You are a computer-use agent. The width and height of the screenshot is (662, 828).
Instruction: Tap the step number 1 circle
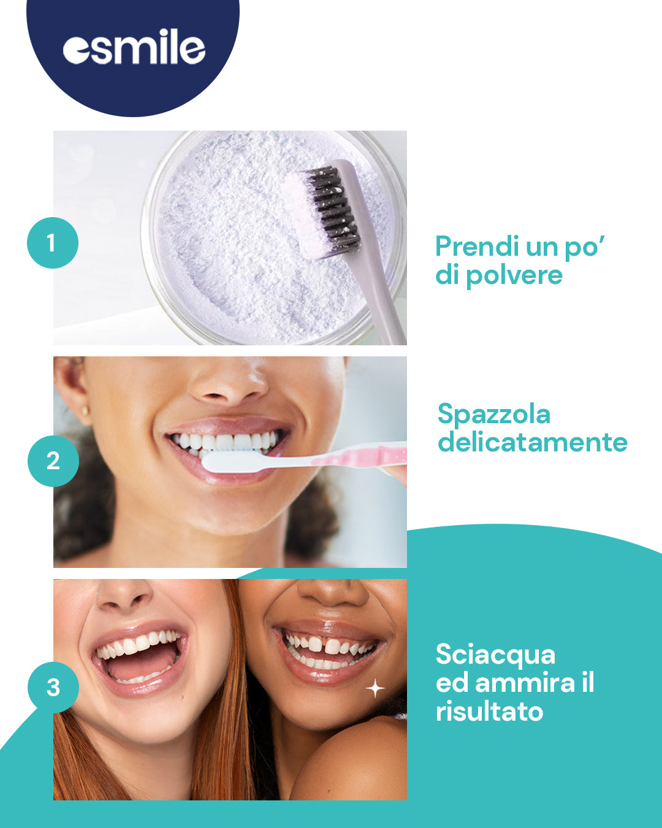pyautogui.click(x=53, y=243)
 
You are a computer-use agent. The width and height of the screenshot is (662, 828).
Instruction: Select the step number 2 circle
pyautogui.click(x=53, y=461)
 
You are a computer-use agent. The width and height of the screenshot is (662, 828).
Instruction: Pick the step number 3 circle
pyautogui.click(x=53, y=687)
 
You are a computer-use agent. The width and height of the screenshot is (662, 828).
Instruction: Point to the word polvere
pyautogui.click(x=514, y=275)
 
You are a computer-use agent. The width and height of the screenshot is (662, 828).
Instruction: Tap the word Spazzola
pyautogui.click(x=494, y=415)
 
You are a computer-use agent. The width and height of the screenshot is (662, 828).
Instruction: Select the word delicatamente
pyautogui.click(x=533, y=442)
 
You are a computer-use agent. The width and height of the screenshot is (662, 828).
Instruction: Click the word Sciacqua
pyautogui.click(x=495, y=655)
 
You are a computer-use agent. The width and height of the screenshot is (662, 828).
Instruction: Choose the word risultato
pyautogui.click(x=489, y=711)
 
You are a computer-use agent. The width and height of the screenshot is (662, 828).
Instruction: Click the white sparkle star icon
pyautogui.click(x=375, y=688)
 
